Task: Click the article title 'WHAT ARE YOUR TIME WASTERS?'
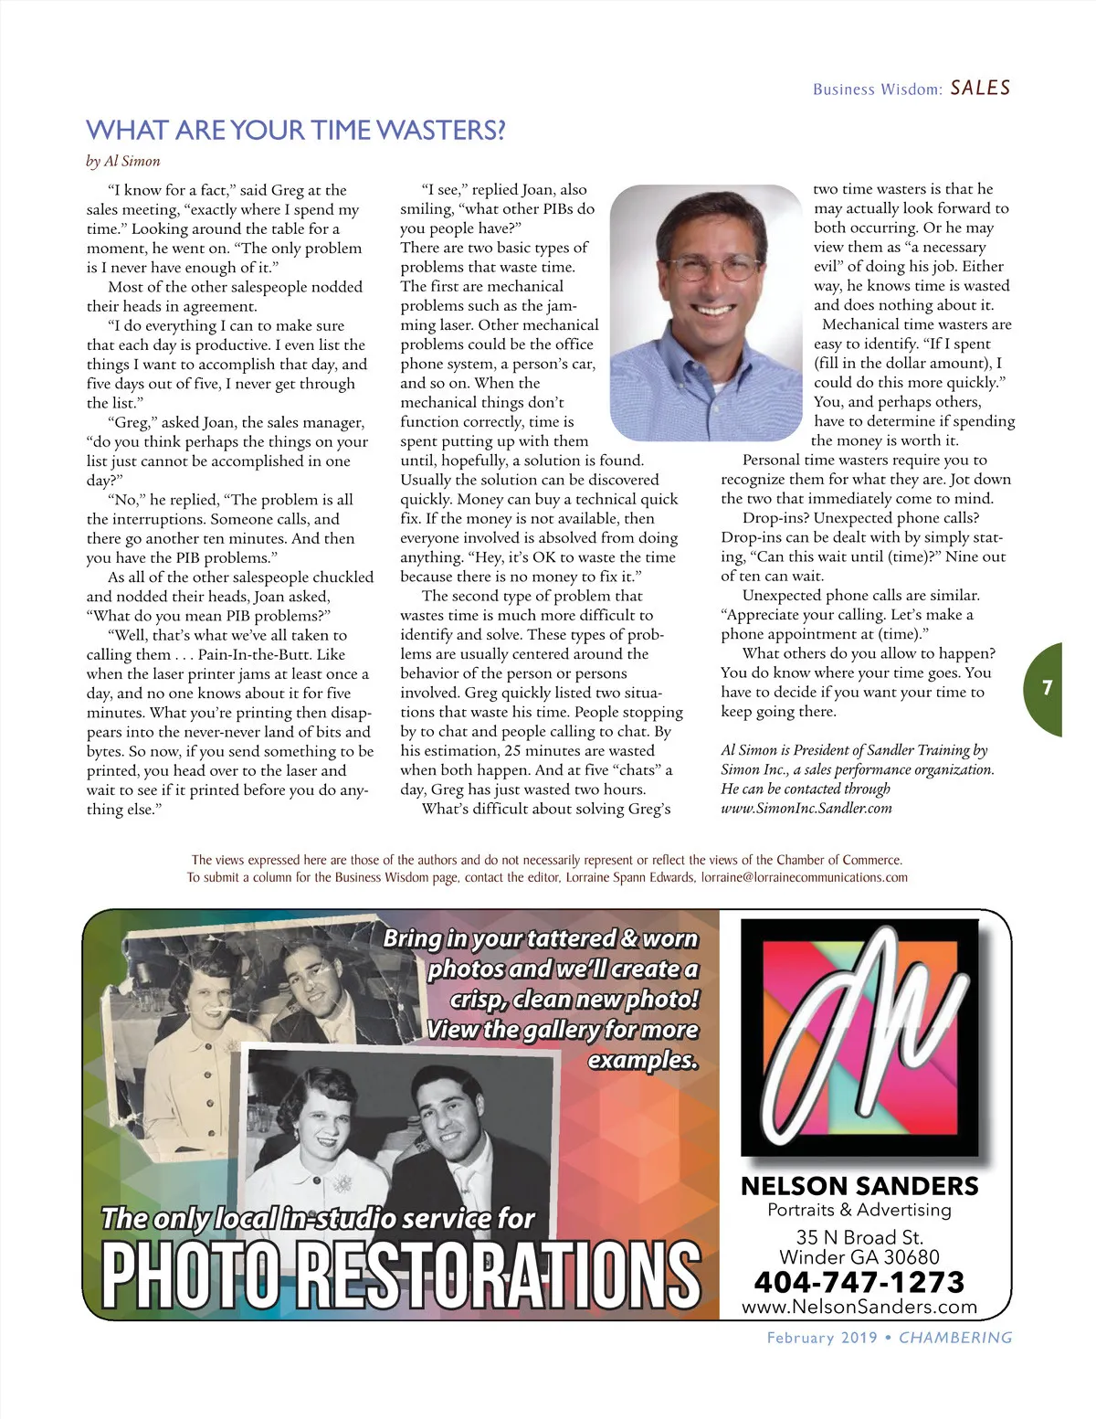coord(295,131)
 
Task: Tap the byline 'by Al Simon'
coord(123,162)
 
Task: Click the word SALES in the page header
coord(980,89)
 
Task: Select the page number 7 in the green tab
coord(1048,688)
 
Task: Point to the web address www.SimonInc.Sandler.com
coord(806,808)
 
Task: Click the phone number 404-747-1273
coord(859,1282)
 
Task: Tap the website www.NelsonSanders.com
coord(859,1308)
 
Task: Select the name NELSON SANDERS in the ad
coord(859,1186)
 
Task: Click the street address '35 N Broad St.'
coord(859,1237)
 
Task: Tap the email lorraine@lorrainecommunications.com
coord(804,877)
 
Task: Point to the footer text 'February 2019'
coord(821,1338)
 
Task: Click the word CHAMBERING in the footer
coord(955,1338)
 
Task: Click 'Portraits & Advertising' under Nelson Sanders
coord(859,1210)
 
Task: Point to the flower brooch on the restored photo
coord(342,1183)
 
